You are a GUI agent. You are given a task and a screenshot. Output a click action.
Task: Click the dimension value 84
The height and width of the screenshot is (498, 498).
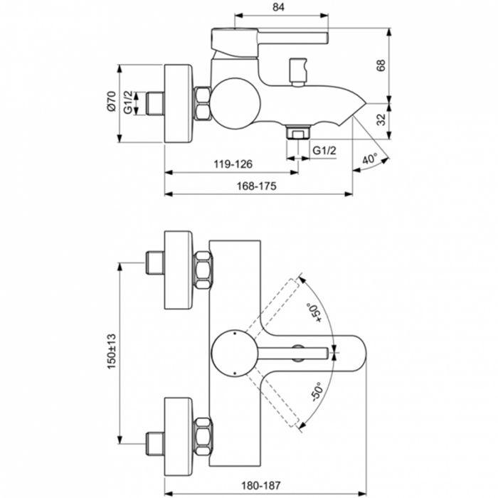pyautogui.click(x=279, y=7)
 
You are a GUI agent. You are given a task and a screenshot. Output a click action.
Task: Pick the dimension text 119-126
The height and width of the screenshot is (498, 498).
pyautogui.click(x=233, y=164)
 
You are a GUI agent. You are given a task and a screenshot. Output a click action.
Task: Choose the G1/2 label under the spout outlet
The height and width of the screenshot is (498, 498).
pyautogui.click(x=324, y=150)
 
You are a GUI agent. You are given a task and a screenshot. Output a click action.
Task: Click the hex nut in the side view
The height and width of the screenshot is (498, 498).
pyautogui.click(x=203, y=102)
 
